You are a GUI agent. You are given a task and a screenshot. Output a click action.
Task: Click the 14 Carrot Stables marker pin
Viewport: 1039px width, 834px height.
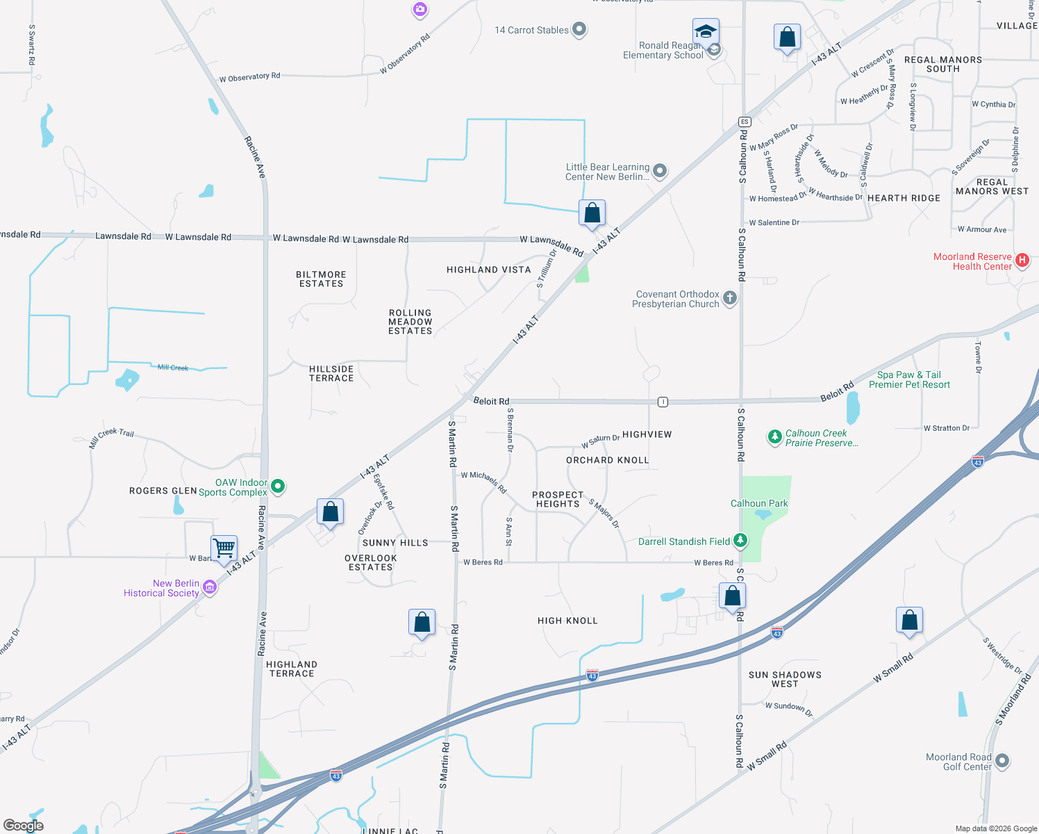tap(579, 29)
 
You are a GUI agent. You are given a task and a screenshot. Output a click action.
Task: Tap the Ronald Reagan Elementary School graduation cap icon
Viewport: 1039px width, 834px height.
tap(706, 33)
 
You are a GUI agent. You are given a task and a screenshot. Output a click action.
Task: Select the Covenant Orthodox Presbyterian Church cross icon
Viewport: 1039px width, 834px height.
tap(729, 298)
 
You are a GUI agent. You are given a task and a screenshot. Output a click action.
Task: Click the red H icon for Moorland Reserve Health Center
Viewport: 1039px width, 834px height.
tap(1022, 261)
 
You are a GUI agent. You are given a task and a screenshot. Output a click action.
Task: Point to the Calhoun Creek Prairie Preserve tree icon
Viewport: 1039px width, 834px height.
tap(774, 437)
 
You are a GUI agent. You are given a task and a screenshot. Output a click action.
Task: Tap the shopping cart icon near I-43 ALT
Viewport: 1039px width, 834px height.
tap(224, 548)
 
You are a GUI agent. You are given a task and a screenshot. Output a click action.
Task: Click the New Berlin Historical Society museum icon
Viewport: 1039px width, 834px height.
tap(209, 587)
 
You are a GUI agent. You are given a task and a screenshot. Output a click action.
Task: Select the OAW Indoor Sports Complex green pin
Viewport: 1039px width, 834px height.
tap(278, 486)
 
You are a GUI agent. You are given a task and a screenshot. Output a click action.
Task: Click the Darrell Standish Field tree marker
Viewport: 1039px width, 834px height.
tap(740, 541)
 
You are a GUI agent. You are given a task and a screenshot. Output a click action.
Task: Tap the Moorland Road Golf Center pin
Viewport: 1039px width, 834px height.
tap(1001, 761)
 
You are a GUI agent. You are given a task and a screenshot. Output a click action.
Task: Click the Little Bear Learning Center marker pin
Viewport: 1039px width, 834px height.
tap(660, 171)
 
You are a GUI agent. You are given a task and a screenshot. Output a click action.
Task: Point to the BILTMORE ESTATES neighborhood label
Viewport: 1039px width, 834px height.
tap(321, 279)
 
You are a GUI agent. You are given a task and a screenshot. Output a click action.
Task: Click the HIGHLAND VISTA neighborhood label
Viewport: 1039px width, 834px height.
tap(488, 270)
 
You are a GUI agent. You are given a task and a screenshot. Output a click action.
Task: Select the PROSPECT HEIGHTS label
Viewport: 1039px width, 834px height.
tap(558, 499)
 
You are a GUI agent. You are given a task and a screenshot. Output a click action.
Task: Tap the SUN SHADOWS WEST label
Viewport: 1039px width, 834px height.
tap(785, 679)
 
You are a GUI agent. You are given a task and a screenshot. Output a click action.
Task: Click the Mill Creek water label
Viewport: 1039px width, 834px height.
tap(173, 367)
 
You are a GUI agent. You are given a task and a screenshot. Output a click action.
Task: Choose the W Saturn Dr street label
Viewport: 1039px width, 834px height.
tap(601, 441)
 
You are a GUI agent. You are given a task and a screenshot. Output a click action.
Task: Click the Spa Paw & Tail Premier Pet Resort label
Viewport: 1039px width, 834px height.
tap(909, 379)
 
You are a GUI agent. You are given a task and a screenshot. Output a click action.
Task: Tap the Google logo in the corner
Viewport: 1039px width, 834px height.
tap(24, 825)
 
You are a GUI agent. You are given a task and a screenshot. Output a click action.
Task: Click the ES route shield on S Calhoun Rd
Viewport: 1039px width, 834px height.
tap(745, 122)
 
